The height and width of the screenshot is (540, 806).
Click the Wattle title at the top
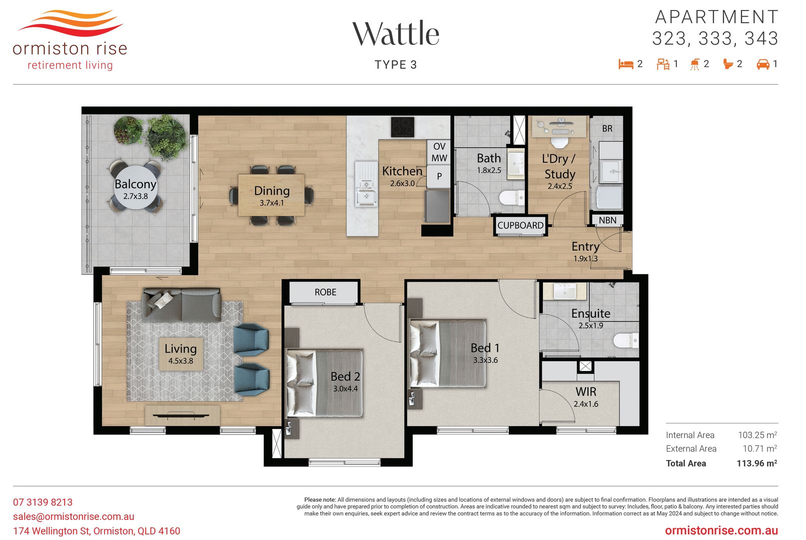tap(395, 33)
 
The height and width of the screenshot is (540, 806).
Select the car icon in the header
tap(762, 64)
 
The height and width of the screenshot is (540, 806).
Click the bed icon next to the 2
tap(626, 64)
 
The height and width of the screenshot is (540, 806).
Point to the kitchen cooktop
tap(403, 127)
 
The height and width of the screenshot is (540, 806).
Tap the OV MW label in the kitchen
tap(439, 152)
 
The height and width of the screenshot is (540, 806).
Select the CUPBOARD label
tap(520, 225)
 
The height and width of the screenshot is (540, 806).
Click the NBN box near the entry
tap(607, 220)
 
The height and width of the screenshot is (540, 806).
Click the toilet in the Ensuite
tap(625, 340)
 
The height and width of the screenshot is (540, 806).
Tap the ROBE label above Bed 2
tap(325, 292)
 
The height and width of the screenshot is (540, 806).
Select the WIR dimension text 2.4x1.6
tap(586, 404)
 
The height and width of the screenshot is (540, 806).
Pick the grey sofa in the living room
tap(182, 305)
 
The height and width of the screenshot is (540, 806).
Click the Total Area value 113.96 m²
tap(756, 463)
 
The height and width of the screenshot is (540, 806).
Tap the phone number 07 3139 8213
tap(43, 502)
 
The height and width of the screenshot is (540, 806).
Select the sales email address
tap(74, 516)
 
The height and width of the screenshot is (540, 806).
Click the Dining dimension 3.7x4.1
tap(272, 203)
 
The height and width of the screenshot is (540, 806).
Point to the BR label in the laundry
tap(607, 128)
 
